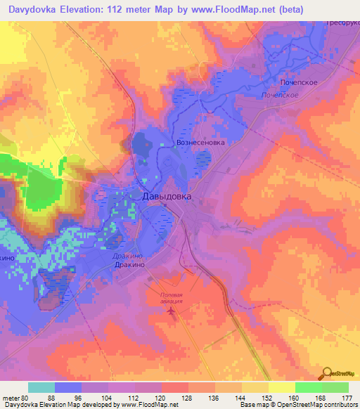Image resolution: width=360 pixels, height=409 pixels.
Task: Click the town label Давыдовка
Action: coord(167,197)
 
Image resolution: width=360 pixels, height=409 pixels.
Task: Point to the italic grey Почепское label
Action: coord(281,94)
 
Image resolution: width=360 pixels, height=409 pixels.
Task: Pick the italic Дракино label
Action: coord(128,257)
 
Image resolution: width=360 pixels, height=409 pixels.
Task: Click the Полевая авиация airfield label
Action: coord(172,298)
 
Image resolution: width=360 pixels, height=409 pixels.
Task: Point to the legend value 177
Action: coord(347,398)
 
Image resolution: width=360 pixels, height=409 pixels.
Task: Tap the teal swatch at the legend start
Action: coord(41,387)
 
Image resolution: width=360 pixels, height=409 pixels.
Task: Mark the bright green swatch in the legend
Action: coord(308,387)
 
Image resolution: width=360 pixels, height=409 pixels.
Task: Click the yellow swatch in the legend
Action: coord(281,387)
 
